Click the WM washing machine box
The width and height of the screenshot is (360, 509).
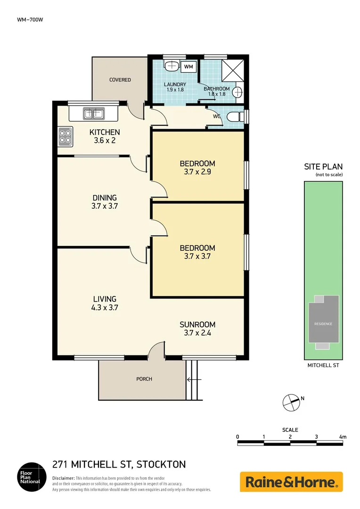188,67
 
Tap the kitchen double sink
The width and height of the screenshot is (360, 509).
93,113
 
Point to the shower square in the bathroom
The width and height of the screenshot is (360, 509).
233,69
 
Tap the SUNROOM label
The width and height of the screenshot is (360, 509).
197,324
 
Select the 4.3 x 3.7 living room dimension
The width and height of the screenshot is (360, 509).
105,307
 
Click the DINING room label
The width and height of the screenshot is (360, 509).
105,198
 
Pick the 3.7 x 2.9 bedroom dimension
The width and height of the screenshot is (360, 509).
197,172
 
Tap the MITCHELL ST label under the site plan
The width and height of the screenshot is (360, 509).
323,365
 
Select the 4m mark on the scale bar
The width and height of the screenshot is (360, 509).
343,437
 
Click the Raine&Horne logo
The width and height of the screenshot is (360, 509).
291,482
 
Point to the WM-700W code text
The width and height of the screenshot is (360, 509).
27,19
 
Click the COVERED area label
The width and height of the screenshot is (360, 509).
120,80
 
